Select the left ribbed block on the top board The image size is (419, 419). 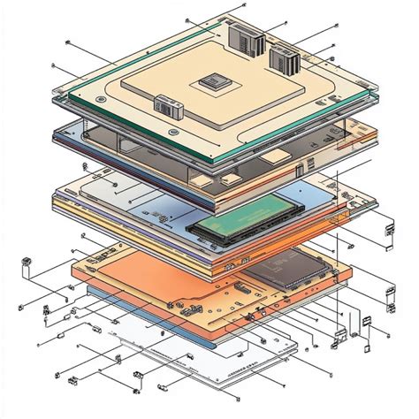(241, 37)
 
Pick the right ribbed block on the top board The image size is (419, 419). (283, 62)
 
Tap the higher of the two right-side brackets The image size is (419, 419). (387, 233)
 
